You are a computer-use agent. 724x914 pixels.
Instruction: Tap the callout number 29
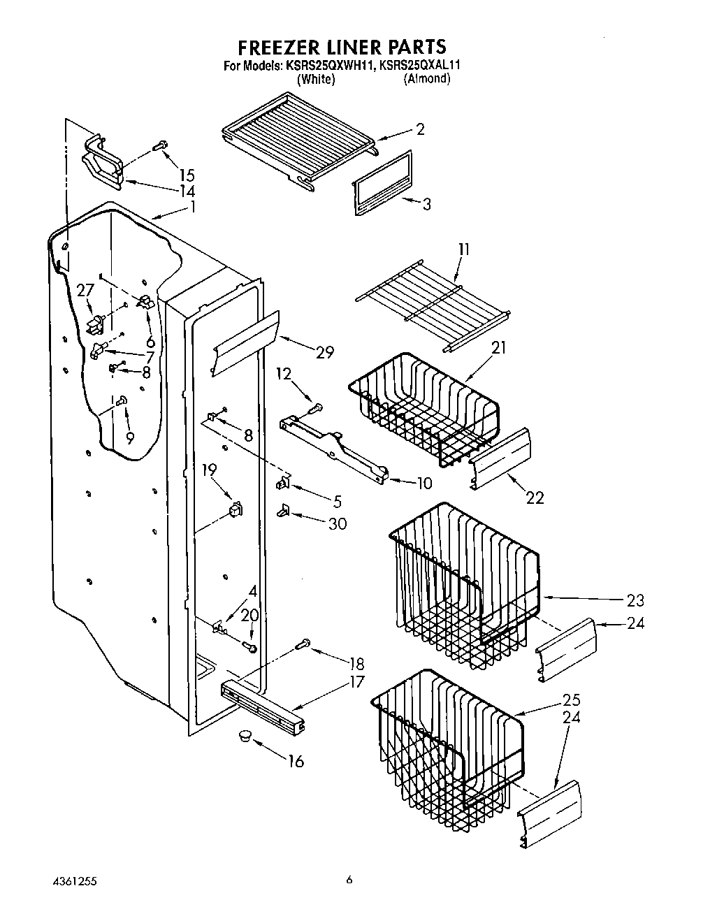click(324, 353)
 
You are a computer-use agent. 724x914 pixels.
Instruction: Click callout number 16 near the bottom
click(296, 761)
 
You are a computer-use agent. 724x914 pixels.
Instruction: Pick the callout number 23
click(635, 600)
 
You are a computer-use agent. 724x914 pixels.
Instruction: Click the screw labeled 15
click(160, 147)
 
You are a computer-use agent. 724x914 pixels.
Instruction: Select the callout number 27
click(85, 290)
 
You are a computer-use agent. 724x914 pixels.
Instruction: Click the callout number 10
click(423, 483)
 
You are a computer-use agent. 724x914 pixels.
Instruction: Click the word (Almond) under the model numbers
click(426, 79)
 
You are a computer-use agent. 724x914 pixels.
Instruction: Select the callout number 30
click(337, 523)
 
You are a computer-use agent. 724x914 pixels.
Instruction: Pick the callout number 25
click(571, 700)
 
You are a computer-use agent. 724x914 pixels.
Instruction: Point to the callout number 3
click(426, 204)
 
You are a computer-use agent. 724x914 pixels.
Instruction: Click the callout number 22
click(535, 498)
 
